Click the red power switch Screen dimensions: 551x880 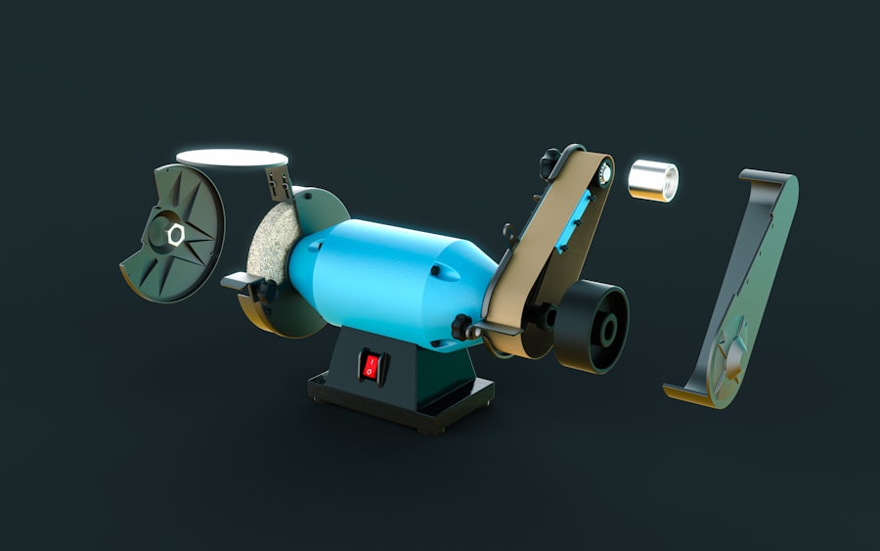[371, 367]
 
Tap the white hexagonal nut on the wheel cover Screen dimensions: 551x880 [177, 234]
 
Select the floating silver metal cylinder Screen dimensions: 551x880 [652, 180]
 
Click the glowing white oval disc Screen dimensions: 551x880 [232, 158]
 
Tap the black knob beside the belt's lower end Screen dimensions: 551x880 [462, 324]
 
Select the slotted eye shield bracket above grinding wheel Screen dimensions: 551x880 [278, 180]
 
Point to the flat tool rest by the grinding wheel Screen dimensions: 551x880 [240, 281]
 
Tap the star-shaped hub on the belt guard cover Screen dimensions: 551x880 [732, 357]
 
